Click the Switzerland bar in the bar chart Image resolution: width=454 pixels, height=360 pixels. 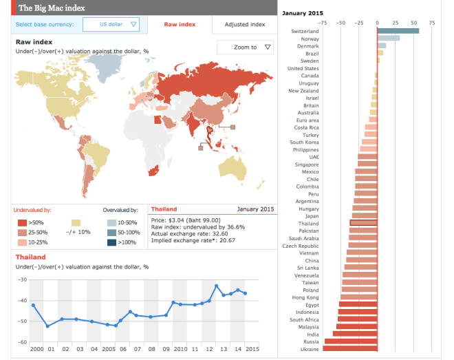tap(398, 31)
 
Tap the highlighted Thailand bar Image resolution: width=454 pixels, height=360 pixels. tap(363, 223)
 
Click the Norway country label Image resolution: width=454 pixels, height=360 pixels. tap(310, 39)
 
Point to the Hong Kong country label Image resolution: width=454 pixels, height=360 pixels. tap(305, 297)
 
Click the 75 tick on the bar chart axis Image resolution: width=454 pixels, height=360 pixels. tap(431, 22)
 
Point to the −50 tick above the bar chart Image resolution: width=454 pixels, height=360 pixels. tap(340, 22)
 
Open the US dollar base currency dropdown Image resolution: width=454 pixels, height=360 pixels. tap(111, 25)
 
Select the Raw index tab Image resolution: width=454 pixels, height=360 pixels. tap(180, 25)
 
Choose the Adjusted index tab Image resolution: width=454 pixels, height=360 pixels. tap(244, 25)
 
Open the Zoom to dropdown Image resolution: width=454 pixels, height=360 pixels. tap(244, 47)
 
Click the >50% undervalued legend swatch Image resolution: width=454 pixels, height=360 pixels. tap(21, 222)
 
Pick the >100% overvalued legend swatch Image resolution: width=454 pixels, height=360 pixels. tap(111, 242)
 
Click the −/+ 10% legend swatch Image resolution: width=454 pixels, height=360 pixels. tap(76, 222)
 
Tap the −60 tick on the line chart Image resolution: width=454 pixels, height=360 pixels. tap(23, 342)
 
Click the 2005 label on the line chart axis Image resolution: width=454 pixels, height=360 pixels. tap(108, 349)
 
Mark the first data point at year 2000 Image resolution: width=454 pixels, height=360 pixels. tap(34, 305)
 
